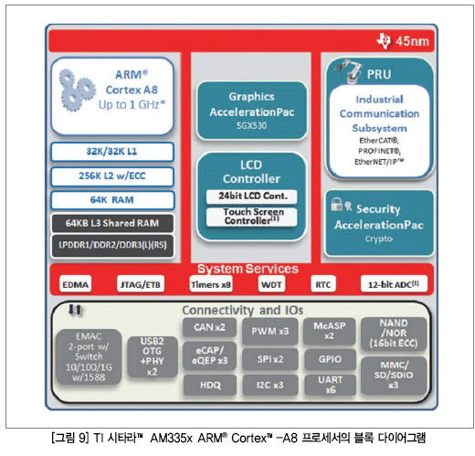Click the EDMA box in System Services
click(75, 284)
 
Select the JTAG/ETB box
click(141, 284)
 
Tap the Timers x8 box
click(211, 284)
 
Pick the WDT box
click(271, 284)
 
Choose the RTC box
click(323, 284)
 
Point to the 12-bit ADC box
click(394, 284)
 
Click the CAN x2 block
click(209, 327)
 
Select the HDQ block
click(210, 386)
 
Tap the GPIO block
click(330, 359)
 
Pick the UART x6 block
click(331, 385)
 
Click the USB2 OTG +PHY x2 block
click(153, 356)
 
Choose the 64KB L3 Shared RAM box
click(112, 223)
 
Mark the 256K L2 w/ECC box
click(112, 176)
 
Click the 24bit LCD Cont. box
click(252, 196)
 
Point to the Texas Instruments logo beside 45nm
click(384, 41)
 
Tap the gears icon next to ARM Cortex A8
click(76, 90)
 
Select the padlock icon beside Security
click(336, 205)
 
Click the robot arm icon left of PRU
click(349, 70)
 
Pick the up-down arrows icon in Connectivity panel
click(75, 310)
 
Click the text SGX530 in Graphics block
click(251, 125)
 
